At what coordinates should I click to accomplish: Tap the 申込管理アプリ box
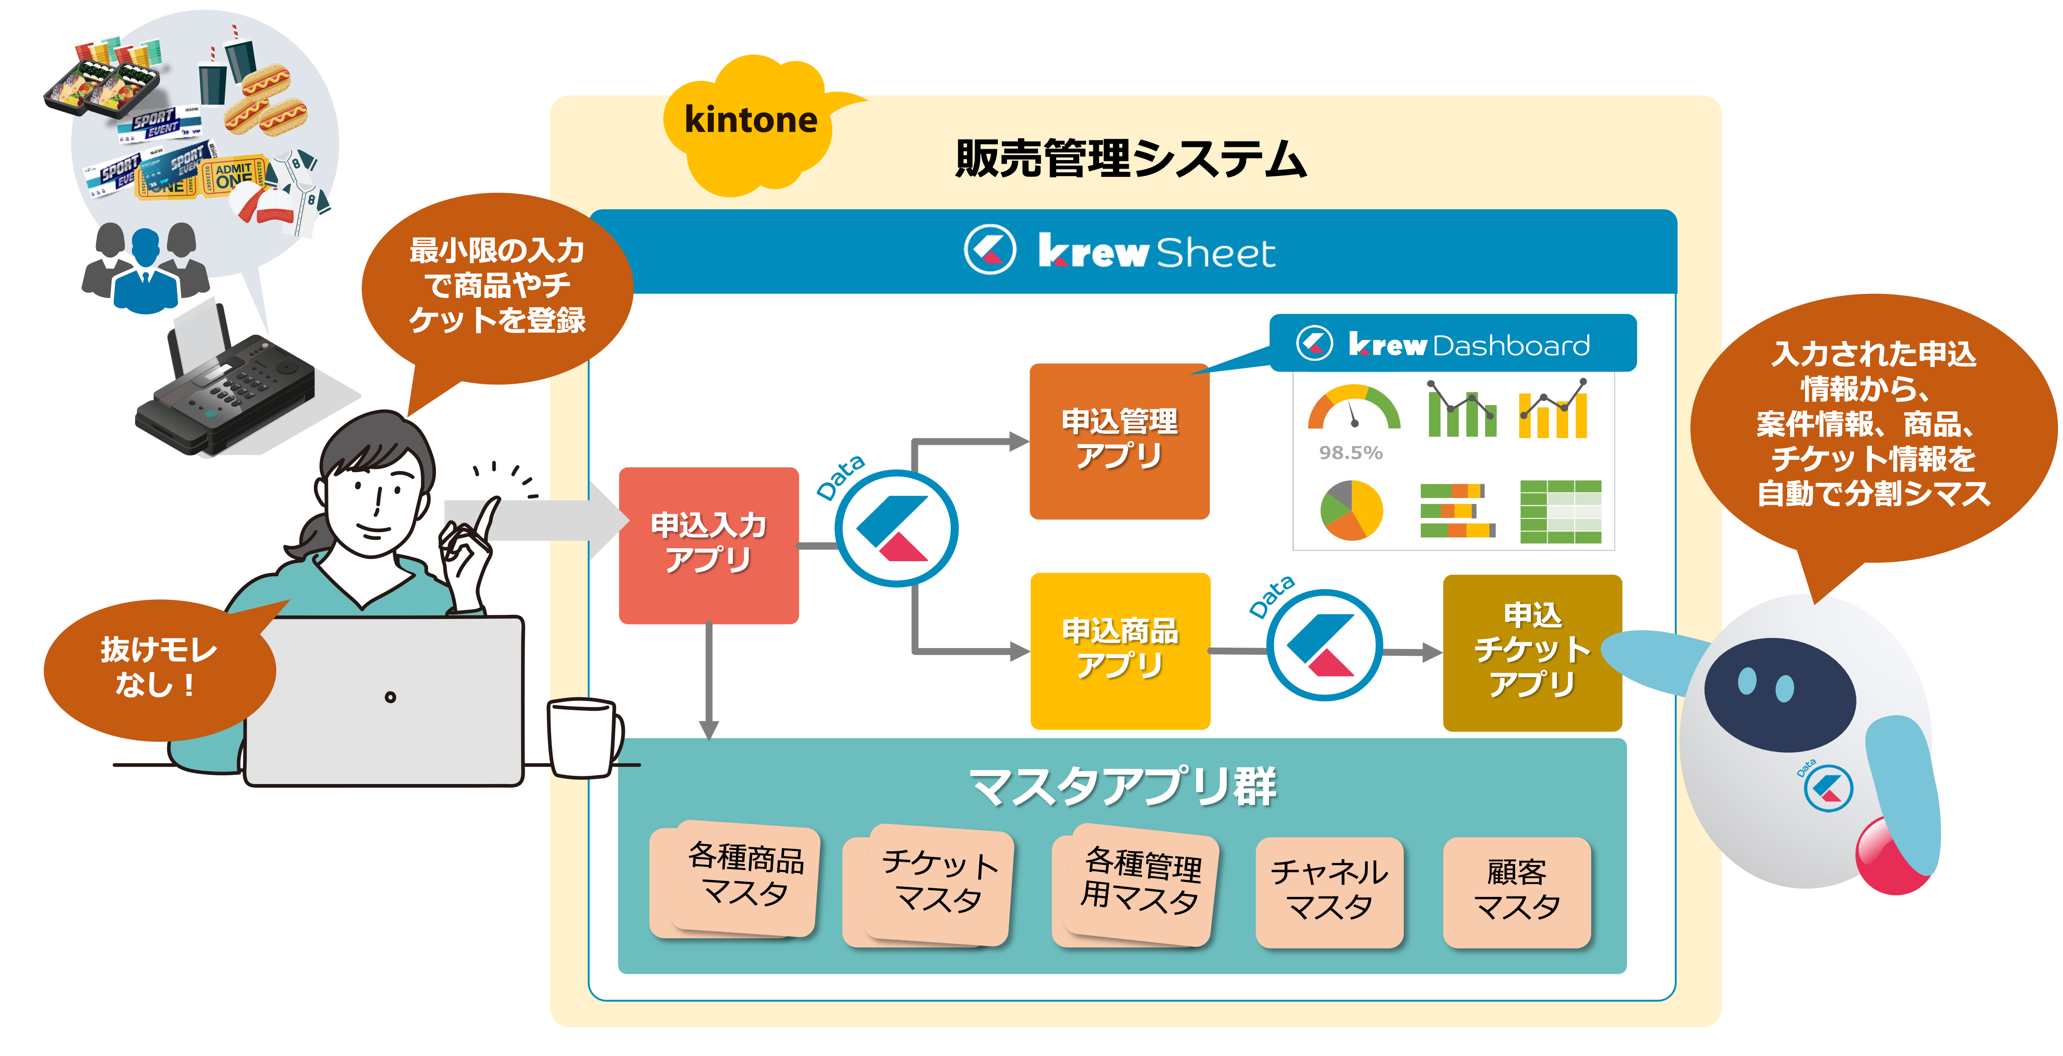point(1119,440)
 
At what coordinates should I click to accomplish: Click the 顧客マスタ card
point(1516,891)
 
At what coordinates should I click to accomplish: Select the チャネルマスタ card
point(1329,891)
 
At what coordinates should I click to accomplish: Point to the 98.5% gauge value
point(1350,453)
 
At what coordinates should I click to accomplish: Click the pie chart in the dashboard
point(1351,510)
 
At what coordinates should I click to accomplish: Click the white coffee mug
point(582,737)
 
